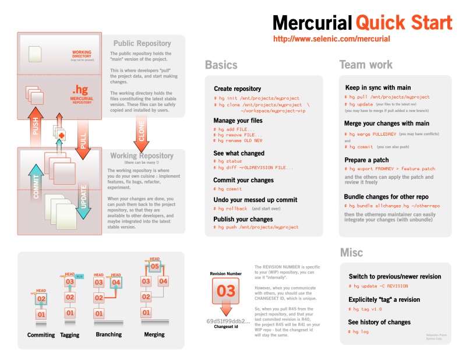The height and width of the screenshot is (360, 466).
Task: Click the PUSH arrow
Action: tap(36, 126)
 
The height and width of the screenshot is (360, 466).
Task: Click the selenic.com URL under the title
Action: tap(331, 39)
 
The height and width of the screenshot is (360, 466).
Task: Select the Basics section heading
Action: tap(221, 65)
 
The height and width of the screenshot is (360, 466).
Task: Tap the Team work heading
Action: tap(366, 65)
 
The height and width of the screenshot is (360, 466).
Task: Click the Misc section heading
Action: tap(351, 252)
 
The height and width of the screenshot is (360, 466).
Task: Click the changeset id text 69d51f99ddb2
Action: tap(228, 321)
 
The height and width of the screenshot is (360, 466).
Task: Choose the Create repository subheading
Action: tap(237, 89)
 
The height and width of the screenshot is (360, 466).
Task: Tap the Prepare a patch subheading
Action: tap(366, 160)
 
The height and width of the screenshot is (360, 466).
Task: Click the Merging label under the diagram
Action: tap(154, 335)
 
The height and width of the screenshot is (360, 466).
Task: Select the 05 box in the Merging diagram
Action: tap(154, 266)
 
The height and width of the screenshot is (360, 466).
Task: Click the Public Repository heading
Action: tap(142, 43)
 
